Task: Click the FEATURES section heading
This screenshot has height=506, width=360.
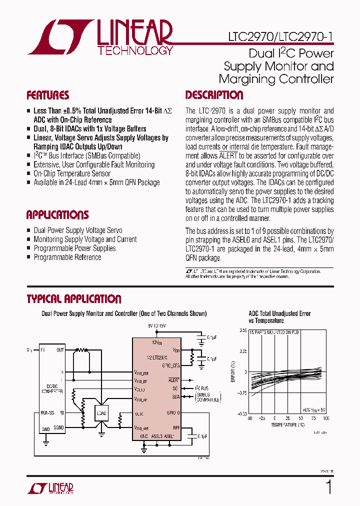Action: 47,95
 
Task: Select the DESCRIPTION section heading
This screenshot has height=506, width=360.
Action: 214,95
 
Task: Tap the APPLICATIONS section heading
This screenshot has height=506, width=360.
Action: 57,215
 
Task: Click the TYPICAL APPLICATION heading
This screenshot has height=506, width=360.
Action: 73,299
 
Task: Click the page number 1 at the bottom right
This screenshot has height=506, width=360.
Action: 328,486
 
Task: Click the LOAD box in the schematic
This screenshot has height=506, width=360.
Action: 102,413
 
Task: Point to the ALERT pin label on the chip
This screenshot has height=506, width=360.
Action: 174,380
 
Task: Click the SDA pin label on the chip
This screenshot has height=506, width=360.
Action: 175,396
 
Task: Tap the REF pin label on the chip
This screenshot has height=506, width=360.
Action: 176,427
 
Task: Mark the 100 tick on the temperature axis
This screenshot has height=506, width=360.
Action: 326,418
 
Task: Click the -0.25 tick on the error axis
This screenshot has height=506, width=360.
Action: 240,392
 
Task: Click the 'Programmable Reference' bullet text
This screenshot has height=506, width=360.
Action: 67,257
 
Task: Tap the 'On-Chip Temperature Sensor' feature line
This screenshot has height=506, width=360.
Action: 72,173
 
